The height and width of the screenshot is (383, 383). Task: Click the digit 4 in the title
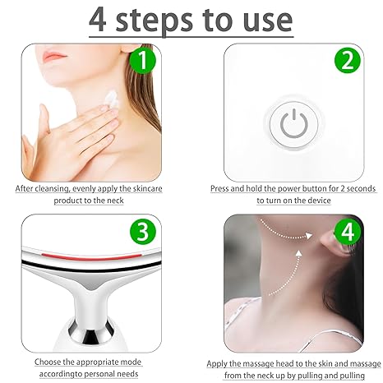pyautogui.click(x=102, y=20)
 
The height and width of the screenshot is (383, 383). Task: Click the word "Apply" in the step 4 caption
pyautogui.click(x=220, y=362)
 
